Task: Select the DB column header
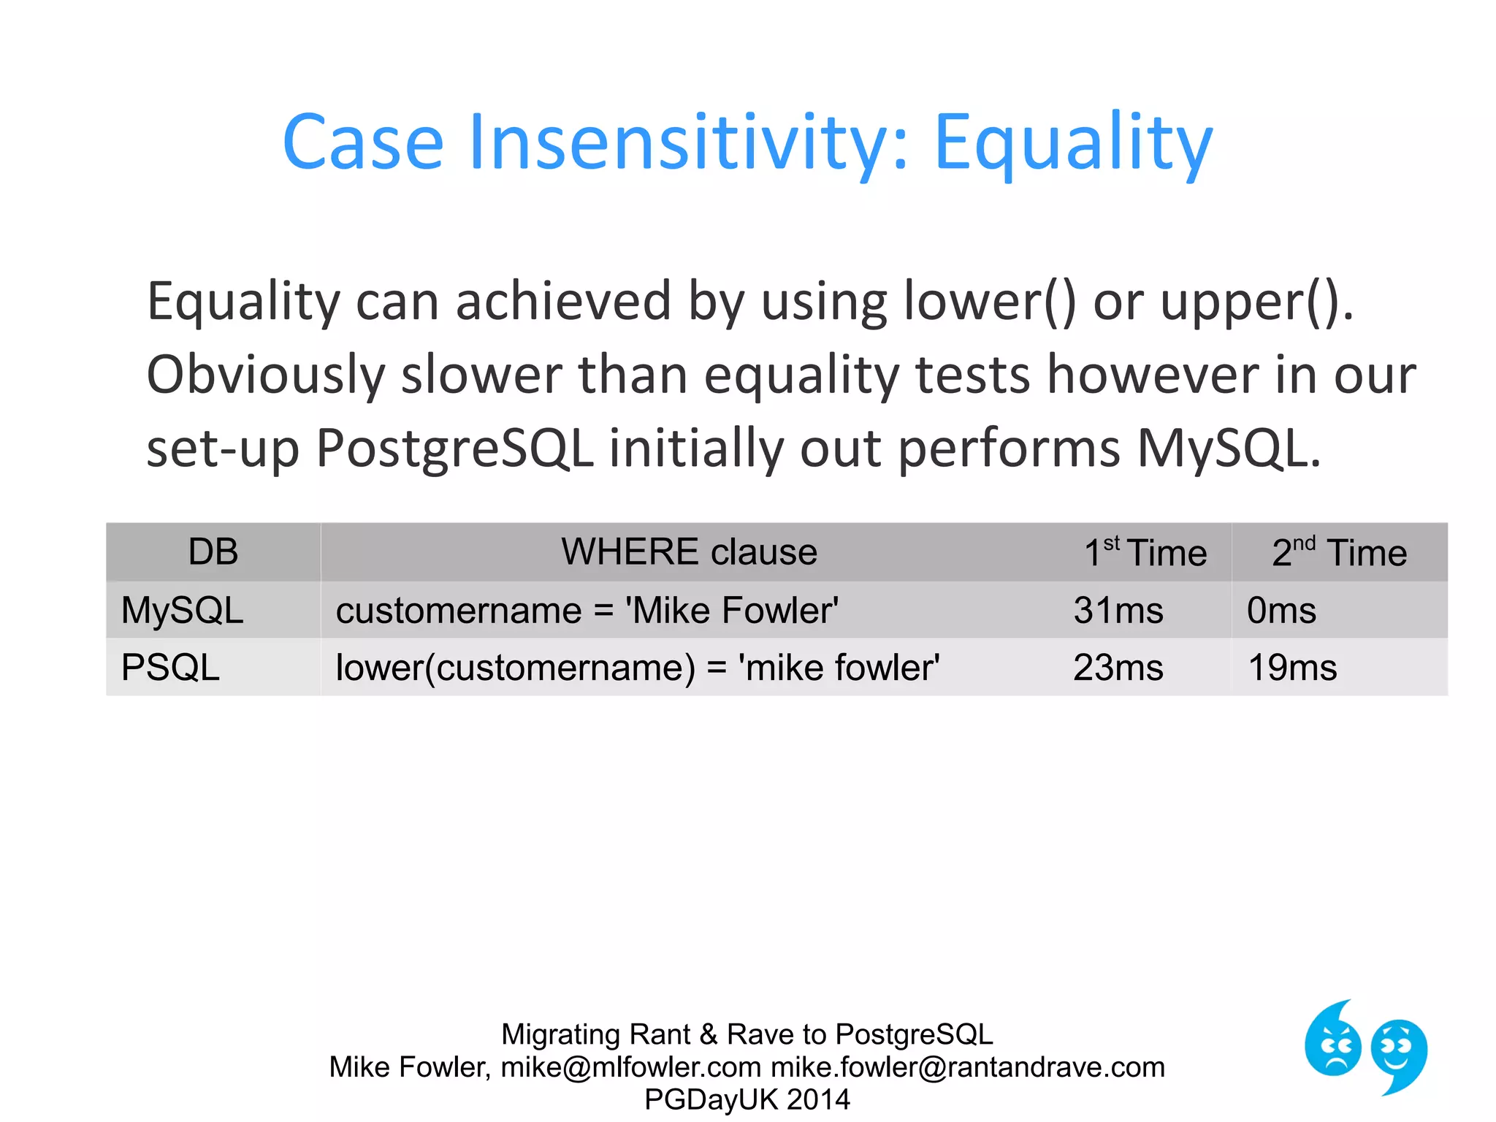point(213,552)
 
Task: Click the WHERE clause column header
point(688,552)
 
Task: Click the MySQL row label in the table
point(182,611)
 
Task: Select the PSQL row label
point(170,668)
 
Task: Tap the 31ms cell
point(1118,611)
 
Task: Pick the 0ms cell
point(1281,611)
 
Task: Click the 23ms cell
point(1118,668)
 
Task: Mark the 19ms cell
point(1292,668)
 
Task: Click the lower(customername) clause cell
point(637,668)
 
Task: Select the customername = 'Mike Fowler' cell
point(587,611)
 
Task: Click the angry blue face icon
point(1332,1040)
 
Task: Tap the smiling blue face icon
point(1399,1052)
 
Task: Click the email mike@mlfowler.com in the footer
point(630,1067)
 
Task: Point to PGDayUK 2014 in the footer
point(747,1099)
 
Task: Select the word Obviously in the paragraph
point(265,375)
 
